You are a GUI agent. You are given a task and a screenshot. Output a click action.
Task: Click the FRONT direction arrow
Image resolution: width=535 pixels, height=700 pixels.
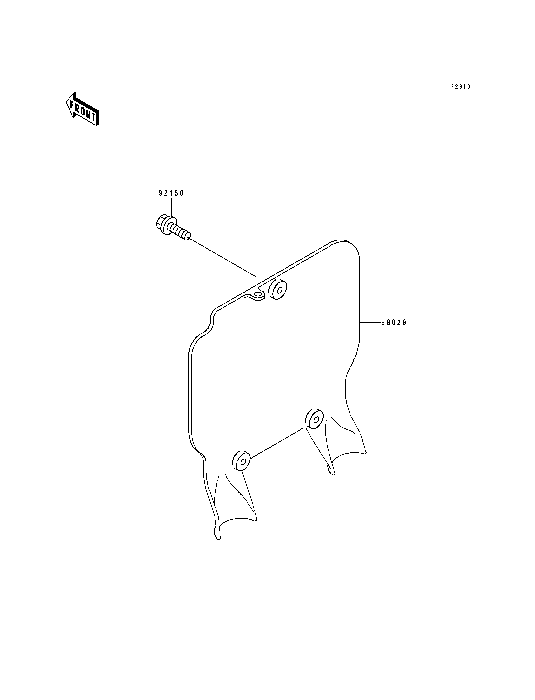(82, 109)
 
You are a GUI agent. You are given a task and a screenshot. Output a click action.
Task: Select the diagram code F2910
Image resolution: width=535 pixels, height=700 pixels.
(461, 87)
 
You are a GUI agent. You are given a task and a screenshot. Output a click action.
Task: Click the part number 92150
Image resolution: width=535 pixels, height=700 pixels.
(171, 193)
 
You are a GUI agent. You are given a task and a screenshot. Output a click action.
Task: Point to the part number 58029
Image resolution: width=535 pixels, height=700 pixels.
(394, 323)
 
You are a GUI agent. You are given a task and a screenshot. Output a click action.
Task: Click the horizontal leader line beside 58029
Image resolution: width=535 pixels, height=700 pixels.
(371, 323)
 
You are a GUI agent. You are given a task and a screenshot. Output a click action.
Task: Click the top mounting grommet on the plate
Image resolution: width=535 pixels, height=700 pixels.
(278, 290)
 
